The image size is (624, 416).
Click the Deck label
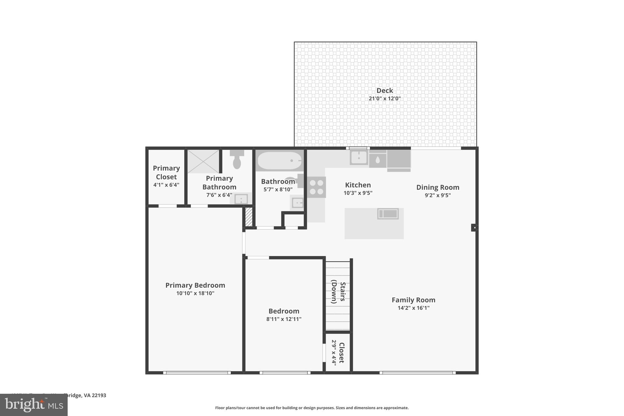[385, 91]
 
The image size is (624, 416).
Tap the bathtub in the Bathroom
[279, 161]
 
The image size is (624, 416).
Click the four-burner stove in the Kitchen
[316, 187]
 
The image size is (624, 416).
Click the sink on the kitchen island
[388, 214]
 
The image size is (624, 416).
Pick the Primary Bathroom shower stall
[203, 161]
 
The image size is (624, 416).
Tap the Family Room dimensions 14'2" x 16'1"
[413, 308]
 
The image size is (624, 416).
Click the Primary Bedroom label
[195, 285]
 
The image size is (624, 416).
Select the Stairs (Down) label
[338, 293]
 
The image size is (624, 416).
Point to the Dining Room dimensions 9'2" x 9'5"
[438, 195]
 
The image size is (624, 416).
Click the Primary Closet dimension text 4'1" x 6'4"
[166, 185]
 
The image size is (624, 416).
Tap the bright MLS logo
[34, 405]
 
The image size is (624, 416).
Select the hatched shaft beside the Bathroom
[249, 217]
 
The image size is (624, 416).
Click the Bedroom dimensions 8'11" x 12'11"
[284, 319]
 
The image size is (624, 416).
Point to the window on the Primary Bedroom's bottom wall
[197, 372]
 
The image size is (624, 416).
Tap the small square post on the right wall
[474, 227]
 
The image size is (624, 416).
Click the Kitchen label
[358, 185]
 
